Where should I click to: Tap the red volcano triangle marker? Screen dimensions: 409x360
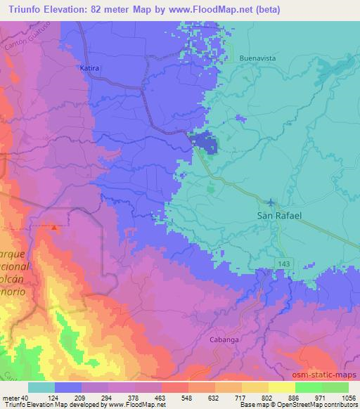tap(55, 227)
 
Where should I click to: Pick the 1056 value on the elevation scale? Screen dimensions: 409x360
tap(347, 397)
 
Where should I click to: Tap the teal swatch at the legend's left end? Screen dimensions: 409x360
tap(41, 387)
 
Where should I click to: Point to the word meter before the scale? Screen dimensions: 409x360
tap(11, 397)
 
